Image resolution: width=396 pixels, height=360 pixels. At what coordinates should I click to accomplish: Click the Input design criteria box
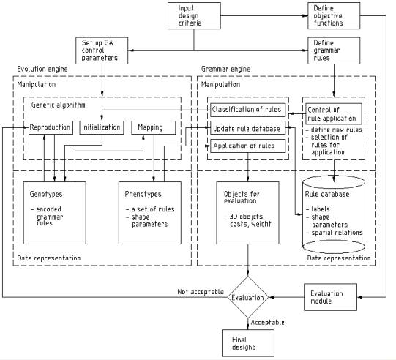tap(194, 16)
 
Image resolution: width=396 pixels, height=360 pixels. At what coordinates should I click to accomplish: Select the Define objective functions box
tap(334, 16)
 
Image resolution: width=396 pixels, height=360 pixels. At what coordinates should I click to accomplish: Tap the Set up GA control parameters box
tap(102, 50)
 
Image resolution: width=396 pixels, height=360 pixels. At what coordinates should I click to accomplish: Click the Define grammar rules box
tap(334, 50)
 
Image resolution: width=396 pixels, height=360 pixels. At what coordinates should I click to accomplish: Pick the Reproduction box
tap(51, 127)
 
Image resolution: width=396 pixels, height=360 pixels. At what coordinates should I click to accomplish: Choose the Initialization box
tap(102, 127)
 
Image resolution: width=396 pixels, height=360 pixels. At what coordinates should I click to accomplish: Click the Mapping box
tap(154, 127)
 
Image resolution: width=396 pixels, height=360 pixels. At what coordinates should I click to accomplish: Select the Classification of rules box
tap(248, 110)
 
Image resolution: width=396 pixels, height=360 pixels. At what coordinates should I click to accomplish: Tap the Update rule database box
tap(248, 128)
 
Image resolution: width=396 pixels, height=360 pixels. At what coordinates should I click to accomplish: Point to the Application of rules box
tap(248, 146)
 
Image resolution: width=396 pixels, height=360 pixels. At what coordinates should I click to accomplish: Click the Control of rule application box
tap(334, 114)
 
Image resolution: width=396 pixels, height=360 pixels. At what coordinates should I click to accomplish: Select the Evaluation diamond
tap(247, 297)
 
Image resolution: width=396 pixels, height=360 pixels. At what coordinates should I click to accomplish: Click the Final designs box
tap(248, 343)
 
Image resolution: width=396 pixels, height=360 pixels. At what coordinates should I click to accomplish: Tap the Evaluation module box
tap(330, 297)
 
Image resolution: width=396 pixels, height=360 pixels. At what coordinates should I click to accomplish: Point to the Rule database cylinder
tap(334, 214)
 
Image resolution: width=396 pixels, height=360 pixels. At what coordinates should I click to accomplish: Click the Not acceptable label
tap(201, 292)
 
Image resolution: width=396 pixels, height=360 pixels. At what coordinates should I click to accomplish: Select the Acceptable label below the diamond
tap(267, 323)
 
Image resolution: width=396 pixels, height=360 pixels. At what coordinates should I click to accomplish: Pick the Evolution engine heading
tap(42, 69)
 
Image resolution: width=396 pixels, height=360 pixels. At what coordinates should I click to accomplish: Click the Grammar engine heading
tap(225, 69)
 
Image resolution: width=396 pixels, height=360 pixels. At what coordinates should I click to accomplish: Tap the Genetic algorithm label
tap(58, 105)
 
